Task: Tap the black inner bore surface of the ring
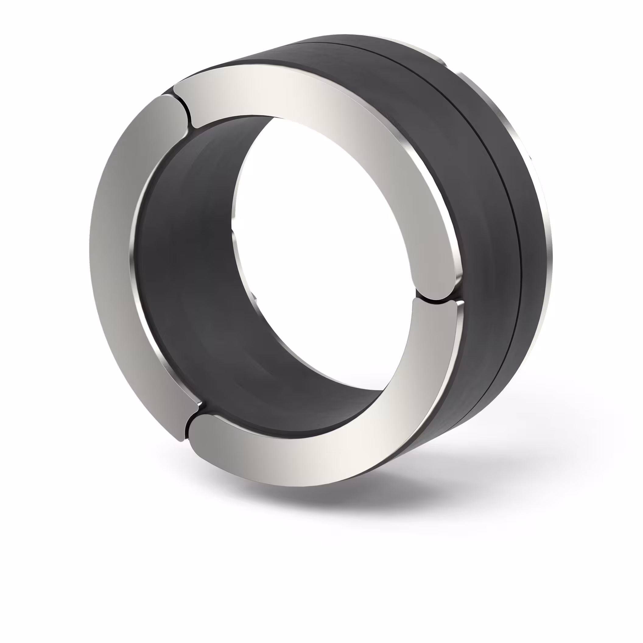[x=186, y=266]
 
